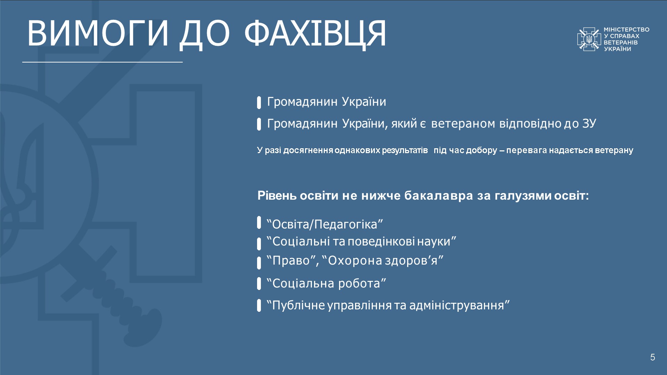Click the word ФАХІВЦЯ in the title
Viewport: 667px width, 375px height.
coord(315,34)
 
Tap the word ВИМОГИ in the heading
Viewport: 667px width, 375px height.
coord(98,33)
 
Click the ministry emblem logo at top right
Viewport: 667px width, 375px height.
coord(589,39)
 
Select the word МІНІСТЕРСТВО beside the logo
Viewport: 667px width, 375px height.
coord(626,30)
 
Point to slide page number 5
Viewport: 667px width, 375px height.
coord(652,357)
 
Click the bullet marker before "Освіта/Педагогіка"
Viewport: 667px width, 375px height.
coord(259,223)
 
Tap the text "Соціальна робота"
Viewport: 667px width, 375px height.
coord(326,283)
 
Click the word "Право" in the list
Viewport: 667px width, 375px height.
coord(291,260)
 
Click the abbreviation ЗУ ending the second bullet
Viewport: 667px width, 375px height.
coord(589,123)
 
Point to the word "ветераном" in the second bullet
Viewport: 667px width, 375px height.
coord(463,124)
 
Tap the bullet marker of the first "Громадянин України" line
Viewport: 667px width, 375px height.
coord(259,103)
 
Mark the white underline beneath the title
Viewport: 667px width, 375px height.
coord(102,62)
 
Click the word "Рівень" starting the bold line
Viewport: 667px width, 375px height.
coord(277,195)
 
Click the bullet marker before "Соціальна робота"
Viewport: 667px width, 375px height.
coord(259,283)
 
